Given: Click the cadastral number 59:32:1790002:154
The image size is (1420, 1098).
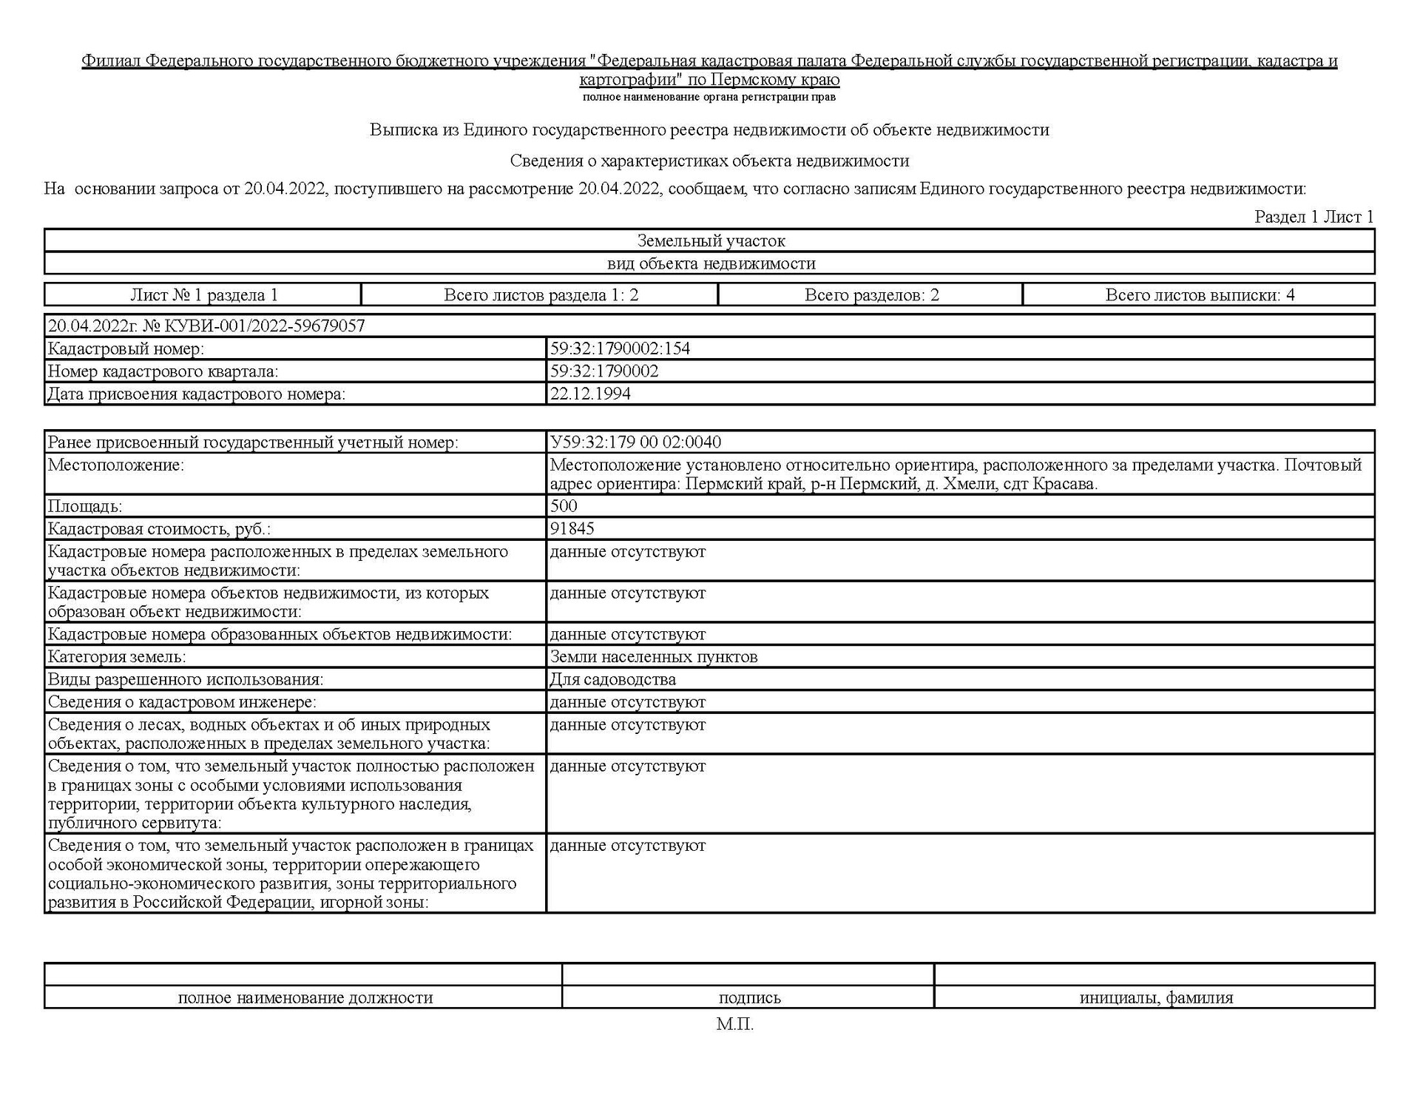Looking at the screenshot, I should pos(620,348).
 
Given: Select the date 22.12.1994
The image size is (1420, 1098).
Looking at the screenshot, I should pos(590,394).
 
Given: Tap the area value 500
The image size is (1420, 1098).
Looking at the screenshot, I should pos(564,506).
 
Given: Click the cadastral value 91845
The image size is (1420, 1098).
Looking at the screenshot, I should pos(572,528).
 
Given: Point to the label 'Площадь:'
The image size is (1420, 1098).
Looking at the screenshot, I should pos(85,507).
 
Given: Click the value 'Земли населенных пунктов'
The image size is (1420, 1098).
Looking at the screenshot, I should pos(654,657).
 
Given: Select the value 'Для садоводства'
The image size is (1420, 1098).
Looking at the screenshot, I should pos(612,679).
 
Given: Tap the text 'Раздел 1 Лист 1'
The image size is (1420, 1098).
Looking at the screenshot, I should pos(1313,217).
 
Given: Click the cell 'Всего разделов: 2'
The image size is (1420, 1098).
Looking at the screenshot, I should pos(871,295).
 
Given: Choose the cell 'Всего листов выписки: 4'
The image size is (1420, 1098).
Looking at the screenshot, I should pos(1200,295).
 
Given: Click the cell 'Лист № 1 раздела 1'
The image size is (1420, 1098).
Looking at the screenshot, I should pos(204,295).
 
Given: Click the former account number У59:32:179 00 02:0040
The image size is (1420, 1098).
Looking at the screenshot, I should pos(635,442).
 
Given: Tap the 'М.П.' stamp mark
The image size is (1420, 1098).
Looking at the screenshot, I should pos(734,1025).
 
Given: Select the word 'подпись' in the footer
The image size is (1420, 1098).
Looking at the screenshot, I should pos(749,998).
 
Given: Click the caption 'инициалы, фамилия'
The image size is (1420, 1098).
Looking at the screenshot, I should pos(1156,998).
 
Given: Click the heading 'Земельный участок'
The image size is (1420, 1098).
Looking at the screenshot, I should pos(711,240).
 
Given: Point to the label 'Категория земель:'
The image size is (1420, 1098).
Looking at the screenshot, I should pos(117,657).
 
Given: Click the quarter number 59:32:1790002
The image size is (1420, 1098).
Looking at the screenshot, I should pos(604,371).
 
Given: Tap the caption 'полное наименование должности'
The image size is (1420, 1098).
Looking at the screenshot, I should pos(305,998).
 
